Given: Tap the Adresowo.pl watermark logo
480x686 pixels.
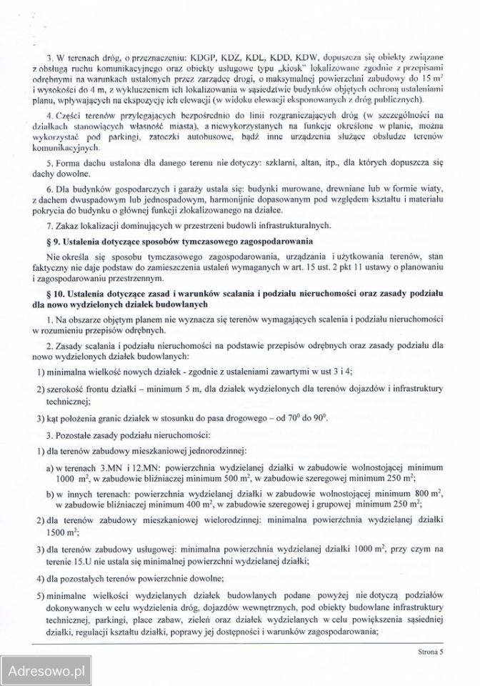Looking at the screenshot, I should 46,670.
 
